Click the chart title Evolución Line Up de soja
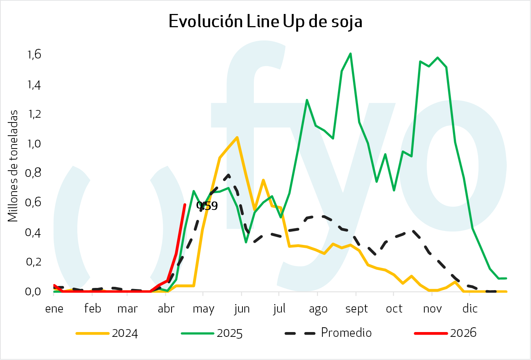tap(265, 21)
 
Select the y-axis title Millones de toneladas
tap(13, 166)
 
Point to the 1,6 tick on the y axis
tap(34, 55)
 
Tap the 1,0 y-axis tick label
tap(34, 143)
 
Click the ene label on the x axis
tap(54, 309)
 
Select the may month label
tap(203, 309)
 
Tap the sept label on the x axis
tap(357, 309)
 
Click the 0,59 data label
tap(207, 206)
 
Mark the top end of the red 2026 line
tap(185, 204)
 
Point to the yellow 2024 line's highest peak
tap(237, 138)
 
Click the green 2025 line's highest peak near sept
tap(350, 54)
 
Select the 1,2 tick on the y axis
tap(34, 114)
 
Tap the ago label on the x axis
tap(318, 309)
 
